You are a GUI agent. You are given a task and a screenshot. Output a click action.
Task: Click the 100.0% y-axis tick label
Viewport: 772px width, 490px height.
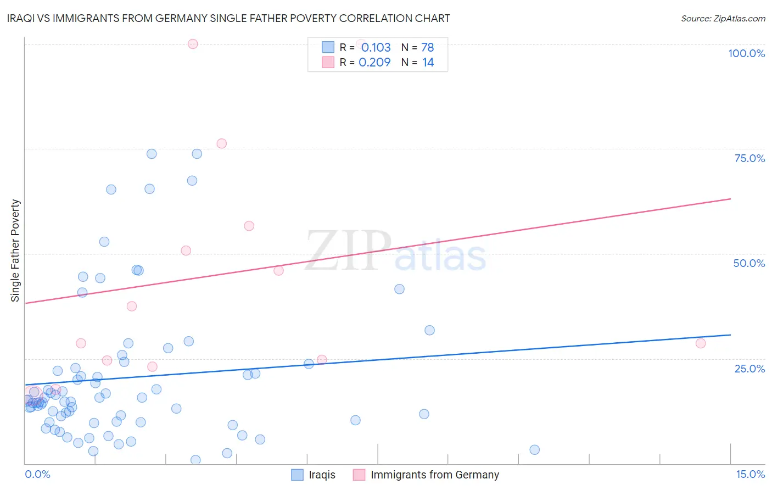pyautogui.click(x=746, y=53)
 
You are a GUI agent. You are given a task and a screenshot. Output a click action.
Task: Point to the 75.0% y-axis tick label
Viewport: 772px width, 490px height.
pyautogui.click(x=749, y=158)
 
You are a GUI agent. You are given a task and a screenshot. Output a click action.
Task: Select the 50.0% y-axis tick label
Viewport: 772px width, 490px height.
pyautogui.click(x=749, y=263)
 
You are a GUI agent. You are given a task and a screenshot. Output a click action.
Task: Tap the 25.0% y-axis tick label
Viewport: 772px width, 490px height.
pyautogui.click(x=749, y=369)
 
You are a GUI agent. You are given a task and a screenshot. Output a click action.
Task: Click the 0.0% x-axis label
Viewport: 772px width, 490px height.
pyautogui.click(x=37, y=474)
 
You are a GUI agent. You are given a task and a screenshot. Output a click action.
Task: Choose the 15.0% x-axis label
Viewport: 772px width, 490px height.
pyautogui.click(x=750, y=474)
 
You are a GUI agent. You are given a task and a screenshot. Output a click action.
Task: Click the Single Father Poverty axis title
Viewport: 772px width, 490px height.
pyautogui.click(x=15, y=250)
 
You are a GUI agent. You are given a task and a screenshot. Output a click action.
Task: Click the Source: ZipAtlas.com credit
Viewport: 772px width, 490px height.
pyautogui.click(x=723, y=18)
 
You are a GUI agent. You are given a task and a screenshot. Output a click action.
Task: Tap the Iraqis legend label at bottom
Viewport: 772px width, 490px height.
pyautogui.click(x=322, y=475)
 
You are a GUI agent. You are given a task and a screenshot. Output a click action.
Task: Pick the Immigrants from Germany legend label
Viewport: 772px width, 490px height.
pyautogui.click(x=434, y=475)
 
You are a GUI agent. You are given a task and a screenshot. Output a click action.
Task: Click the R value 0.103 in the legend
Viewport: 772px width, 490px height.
pyautogui.click(x=376, y=47)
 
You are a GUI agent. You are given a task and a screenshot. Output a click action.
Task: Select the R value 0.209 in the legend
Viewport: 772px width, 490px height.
pyautogui.click(x=374, y=62)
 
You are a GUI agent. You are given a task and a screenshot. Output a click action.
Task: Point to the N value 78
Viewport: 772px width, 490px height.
pyautogui.click(x=427, y=47)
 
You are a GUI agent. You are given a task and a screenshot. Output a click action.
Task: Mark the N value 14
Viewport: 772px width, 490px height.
pyautogui.click(x=428, y=62)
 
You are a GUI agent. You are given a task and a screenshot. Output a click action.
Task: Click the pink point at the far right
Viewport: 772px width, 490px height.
pyautogui.click(x=700, y=343)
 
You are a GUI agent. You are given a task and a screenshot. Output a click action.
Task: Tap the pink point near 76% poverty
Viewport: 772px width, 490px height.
pyautogui.click(x=221, y=143)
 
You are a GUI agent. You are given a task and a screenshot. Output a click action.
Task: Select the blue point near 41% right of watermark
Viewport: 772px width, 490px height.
pyautogui.click(x=399, y=289)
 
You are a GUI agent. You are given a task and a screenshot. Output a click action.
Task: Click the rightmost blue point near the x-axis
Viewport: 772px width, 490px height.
pyautogui.click(x=534, y=450)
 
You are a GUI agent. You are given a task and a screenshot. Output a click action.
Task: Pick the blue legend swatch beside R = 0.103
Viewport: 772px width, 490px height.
pyautogui.click(x=328, y=47)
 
